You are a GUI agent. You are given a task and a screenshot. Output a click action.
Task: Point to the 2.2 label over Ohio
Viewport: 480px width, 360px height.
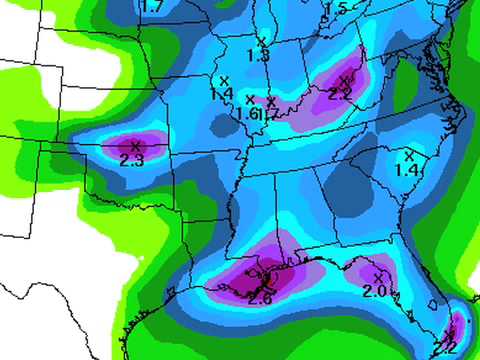click(x=340, y=95)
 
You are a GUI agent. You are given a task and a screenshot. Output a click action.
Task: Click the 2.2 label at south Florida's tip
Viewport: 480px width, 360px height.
click(x=446, y=347)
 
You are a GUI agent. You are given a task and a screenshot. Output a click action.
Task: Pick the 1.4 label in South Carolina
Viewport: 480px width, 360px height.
click(x=407, y=171)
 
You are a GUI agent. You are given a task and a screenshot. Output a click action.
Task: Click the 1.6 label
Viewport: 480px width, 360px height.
click(x=248, y=114)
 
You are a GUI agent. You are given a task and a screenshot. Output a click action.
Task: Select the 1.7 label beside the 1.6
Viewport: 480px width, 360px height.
click(x=270, y=115)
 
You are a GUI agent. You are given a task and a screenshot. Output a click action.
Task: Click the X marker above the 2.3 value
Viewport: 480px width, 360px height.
click(x=135, y=146)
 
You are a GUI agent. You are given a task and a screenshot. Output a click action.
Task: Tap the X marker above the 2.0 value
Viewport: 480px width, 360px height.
click(x=377, y=276)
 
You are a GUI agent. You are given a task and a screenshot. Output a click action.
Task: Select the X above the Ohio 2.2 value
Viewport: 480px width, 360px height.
click(x=344, y=81)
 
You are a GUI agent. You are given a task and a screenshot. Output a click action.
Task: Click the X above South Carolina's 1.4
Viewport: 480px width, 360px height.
click(x=408, y=156)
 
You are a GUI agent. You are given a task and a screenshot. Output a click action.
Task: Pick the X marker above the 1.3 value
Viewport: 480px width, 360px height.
click(x=262, y=40)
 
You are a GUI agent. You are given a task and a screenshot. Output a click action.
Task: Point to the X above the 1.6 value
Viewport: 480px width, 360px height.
click(x=249, y=99)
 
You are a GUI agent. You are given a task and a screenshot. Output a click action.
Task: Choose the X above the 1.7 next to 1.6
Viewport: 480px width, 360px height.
click(x=270, y=102)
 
